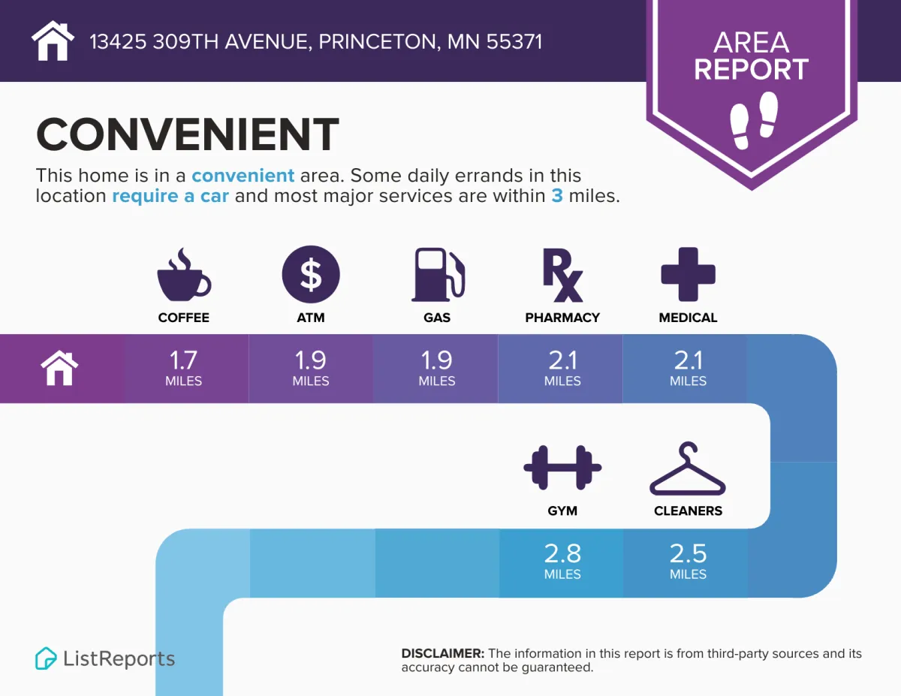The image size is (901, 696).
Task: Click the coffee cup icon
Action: [x=184, y=276]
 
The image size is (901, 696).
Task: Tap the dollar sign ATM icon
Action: [x=311, y=274]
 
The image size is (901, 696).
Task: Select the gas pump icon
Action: [x=438, y=274]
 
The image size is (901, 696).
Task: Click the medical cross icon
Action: [x=688, y=274]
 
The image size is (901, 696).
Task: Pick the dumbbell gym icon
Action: [x=562, y=468]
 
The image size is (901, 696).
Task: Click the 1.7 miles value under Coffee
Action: [x=183, y=368]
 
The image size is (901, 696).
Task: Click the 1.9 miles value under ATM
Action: [x=311, y=368]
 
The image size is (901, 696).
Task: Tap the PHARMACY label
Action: [x=562, y=318]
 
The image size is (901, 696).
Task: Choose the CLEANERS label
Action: [x=688, y=511]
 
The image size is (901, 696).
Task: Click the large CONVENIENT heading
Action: [x=188, y=134]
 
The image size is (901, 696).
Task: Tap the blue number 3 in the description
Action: [x=557, y=196]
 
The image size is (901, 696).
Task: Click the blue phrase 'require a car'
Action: [x=170, y=196]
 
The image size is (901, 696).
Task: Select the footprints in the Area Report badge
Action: [x=753, y=120]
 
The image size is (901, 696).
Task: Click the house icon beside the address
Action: [x=53, y=41]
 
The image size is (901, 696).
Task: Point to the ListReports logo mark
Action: [x=46, y=658]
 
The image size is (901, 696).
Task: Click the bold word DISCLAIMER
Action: [x=442, y=653]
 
